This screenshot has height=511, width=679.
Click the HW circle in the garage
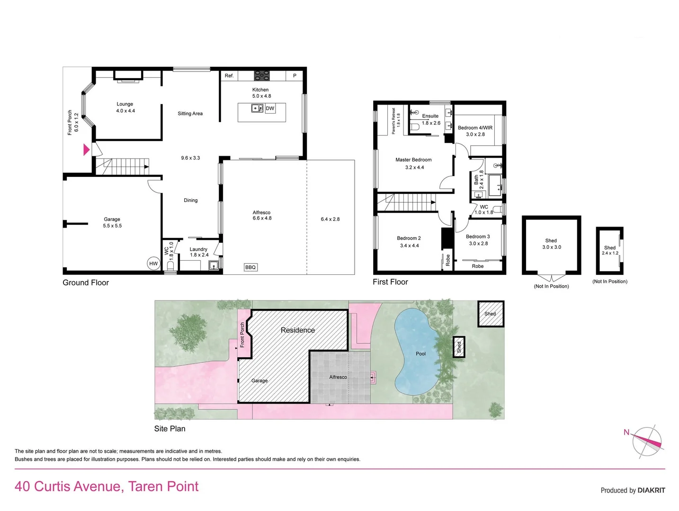153,264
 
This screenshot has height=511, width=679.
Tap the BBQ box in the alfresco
250,267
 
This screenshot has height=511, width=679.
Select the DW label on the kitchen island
270,108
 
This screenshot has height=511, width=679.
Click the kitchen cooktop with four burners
262,75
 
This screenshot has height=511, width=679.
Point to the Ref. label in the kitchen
229,76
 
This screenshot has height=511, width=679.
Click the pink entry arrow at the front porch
86,150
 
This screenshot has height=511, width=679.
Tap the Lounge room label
125,104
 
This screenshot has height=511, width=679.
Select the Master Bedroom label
413,160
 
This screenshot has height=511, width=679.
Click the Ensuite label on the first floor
430,116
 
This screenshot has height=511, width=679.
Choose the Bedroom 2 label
409,238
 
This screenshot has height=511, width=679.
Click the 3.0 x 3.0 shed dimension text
551,247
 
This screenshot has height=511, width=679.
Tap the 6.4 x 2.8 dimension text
330,219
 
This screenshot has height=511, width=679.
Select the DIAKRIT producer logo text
651,490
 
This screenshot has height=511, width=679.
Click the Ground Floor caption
86,282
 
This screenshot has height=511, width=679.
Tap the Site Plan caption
170,429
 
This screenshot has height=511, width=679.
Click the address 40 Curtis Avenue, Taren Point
107,486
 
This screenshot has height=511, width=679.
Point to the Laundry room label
198,249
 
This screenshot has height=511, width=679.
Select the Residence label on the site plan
297,330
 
